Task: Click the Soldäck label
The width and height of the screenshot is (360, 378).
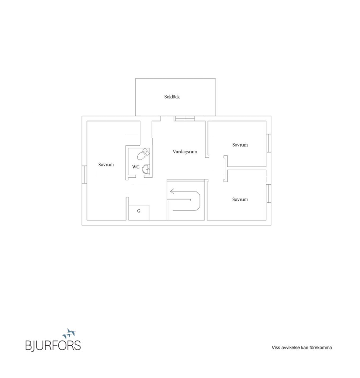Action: [x=172, y=97]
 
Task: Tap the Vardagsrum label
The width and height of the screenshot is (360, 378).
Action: [x=185, y=152]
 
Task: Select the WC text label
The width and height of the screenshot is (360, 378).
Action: [x=136, y=167]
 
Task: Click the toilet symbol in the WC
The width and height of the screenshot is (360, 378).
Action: [x=143, y=154]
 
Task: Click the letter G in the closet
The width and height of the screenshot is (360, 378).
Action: [x=139, y=211]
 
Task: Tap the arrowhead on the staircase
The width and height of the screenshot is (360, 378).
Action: [x=172, y=192]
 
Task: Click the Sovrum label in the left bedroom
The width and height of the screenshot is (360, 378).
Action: [x=106, y=165]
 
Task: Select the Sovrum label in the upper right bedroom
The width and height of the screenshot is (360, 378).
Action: [x=240, y=145]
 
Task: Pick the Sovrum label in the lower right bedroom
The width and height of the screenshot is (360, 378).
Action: [x=240, y=199]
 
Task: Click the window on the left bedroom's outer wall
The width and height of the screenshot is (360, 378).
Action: [x=84, y=175]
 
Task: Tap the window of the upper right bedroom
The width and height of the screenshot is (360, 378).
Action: [x=268, y=143]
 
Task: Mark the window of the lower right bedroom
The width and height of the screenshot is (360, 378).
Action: [x=268, y=193]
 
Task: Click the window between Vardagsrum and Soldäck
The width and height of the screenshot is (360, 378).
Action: [x=185, y=118]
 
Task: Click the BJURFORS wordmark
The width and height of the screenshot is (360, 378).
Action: [x=53, y=345]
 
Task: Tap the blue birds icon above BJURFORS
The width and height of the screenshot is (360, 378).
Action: [x=69, y=333]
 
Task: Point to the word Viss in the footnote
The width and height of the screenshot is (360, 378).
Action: [x=276, y=348]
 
